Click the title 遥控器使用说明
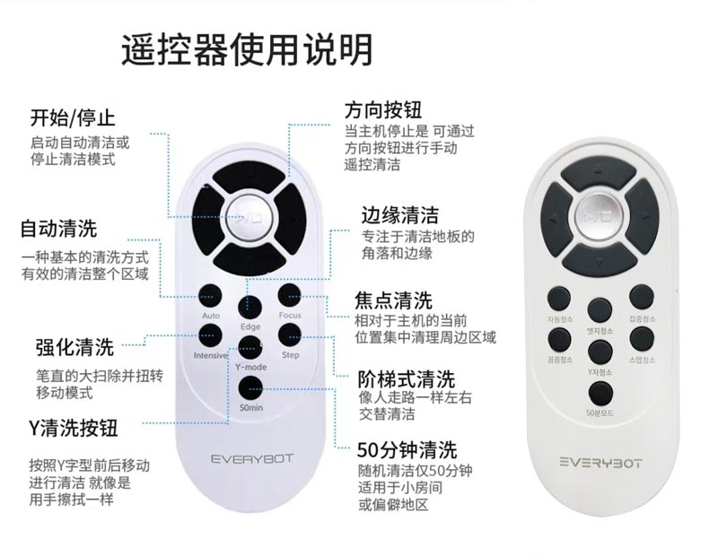(x=246, y=50)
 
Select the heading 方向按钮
(x=384, y=109)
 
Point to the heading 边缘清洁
(x=400, y=215)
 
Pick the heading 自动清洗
(x=59, y=228)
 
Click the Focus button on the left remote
(x=289, y=294)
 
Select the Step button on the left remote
(x=289, y=334)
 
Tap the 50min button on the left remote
(x=250, y=387)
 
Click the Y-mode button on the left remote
(x=250, y=347)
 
